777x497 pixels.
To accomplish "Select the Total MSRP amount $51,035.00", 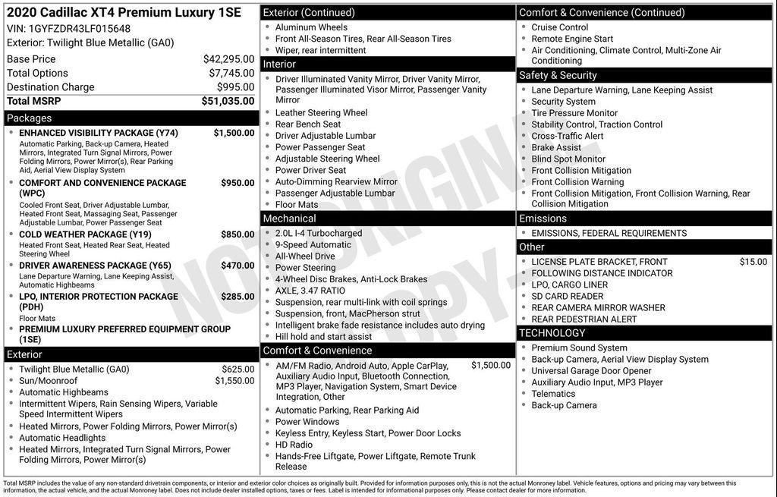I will [228, 101].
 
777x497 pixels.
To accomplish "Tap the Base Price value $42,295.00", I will [228, 59].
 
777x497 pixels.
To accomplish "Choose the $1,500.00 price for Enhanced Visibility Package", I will [234, 133].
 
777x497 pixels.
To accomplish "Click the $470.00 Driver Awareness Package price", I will [238, 266].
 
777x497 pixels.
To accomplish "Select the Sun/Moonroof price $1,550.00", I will [234, 381].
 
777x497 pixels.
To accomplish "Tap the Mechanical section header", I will [289, 219].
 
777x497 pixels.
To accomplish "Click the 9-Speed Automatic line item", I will [313, 245].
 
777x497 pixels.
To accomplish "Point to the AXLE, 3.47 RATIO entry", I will [310, 291].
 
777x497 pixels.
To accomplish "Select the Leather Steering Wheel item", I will [321, 113].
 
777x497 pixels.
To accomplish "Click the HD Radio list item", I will [294, 445].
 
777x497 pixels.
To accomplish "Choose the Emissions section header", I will [543, 219].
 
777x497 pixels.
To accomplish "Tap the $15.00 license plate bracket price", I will [753, 262].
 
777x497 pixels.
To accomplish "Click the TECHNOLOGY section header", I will [552, 333].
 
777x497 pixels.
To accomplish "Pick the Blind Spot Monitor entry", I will [568, 159].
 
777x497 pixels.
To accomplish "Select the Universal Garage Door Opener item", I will [591, 371].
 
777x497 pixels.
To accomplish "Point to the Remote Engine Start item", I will [572, 39].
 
